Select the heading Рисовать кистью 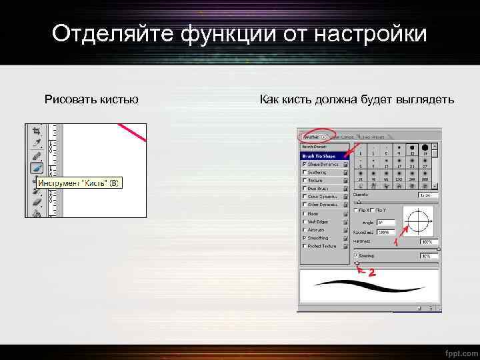[91, 100]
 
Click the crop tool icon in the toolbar [37, 131]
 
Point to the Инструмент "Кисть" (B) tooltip [78, 183]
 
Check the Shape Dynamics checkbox [305, 163]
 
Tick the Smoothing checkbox [305, 237]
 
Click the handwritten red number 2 [372, 273]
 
